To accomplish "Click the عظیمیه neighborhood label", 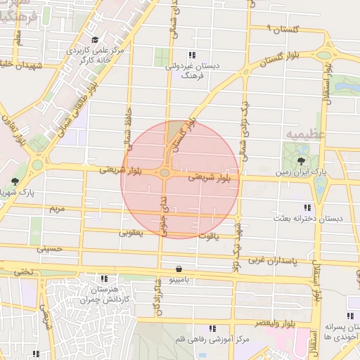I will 303,132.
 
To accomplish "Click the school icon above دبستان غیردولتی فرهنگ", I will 191,55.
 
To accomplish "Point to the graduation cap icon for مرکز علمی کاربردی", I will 95,40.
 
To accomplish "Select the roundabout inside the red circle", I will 165,172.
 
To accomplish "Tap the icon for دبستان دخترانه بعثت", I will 307,207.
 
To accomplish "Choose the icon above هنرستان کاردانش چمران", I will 105,278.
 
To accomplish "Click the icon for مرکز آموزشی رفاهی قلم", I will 212,328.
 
